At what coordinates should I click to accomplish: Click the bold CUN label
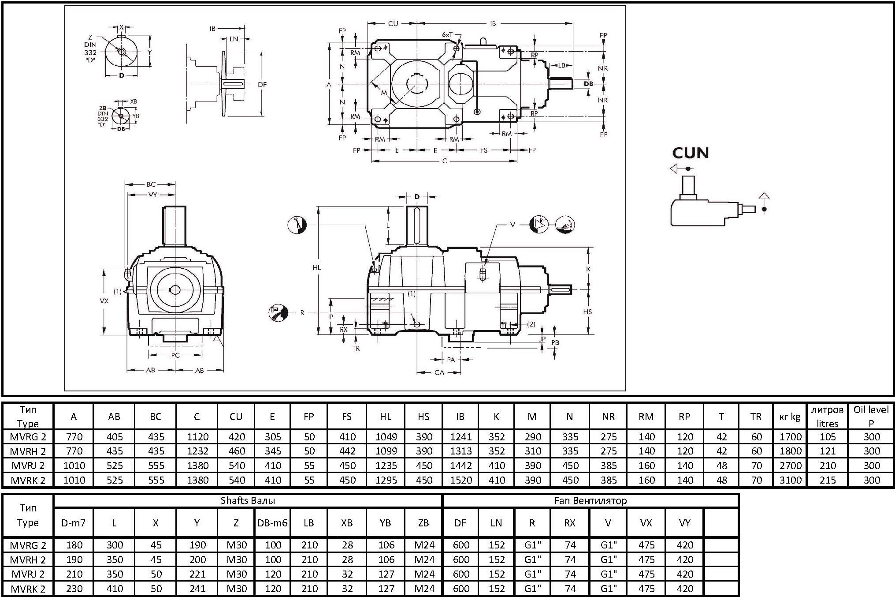[x=690, y=153]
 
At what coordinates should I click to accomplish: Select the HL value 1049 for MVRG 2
[x=386, y=437]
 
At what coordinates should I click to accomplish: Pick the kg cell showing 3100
[x=790, y=480]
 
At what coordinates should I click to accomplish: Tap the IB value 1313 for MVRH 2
[x=460, y=451]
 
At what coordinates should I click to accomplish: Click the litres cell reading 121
[x=827, y=451]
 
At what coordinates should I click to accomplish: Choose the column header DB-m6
[x=272, y=523]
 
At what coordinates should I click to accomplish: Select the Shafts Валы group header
[x=248, y=500]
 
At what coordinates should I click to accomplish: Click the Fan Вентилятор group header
[x=590, y=500]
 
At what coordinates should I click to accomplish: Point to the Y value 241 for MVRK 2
[x=197, y=589]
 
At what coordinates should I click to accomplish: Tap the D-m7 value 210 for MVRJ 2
[x=74, y=574]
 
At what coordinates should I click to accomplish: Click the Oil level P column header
[x=871, y=416]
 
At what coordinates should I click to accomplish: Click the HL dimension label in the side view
[x=316, y=267]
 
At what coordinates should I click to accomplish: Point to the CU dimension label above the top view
[x=393, y=24]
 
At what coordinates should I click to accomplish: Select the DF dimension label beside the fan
[x=262, y=84]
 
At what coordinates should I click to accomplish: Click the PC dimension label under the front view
[x=175, y=355]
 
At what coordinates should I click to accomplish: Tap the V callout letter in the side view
[x=512, y=225]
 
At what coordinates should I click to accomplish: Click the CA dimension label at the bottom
[x=439, y=372]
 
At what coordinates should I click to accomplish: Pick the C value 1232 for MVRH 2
[x=197, y=451]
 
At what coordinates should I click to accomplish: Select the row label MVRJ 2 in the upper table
[x=28, y=466]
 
